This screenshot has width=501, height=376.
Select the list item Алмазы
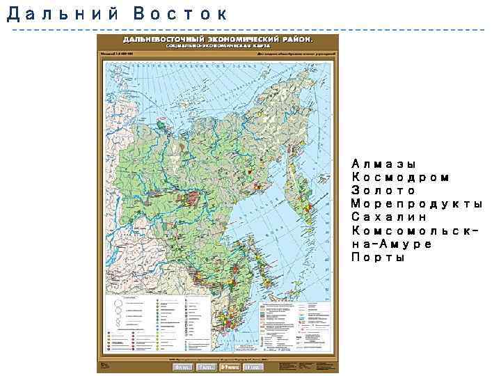click(383, 164)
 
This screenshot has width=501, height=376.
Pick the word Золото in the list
click(383, 191)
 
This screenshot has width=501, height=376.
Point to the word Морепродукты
click(417, 204)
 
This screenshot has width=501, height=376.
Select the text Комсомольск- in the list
click(417, 230)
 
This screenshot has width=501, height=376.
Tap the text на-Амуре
click(392, 244)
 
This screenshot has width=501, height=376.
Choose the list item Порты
click(379, 257)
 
